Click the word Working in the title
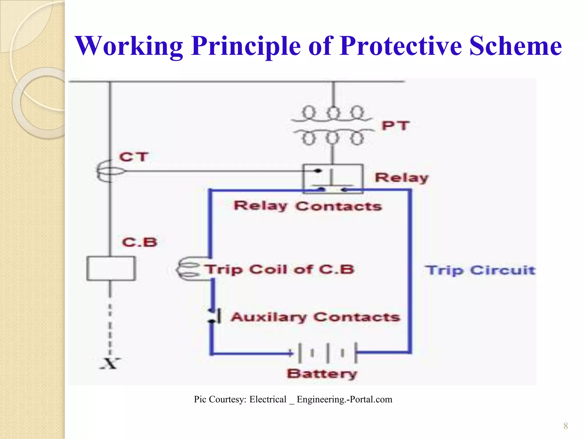(129, 46)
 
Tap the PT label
(396, 126)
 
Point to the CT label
(134, 157)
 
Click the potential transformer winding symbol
(333, 126)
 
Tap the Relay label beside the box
(402, 178)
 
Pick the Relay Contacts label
(308, 206)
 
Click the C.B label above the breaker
(140, 242)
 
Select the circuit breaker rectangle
(111, 268)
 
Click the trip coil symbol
(189, 269)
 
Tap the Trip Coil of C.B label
(280, 270)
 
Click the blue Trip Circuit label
(480, 270)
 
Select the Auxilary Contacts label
(315, 317)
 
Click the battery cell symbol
(327, 353)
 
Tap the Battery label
(322, 374)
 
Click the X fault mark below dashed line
(110, 364)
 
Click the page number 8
(565, 426)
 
